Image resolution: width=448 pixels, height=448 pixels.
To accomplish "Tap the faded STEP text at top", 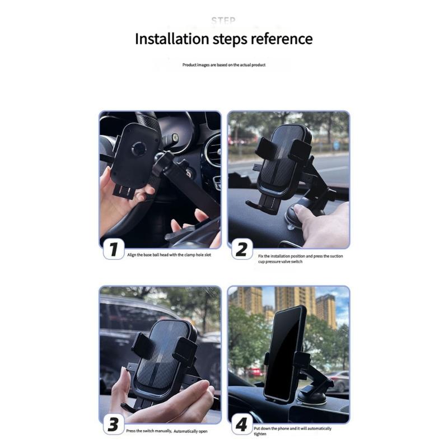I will (223, 21).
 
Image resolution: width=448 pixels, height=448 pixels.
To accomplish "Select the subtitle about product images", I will (223, 65).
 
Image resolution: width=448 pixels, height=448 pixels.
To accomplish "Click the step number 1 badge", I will (114, 249).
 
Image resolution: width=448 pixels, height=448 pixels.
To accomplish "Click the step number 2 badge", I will (241, 249).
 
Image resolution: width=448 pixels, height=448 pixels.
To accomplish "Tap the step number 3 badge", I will (114, 424).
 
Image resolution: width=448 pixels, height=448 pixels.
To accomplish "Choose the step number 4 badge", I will (241, 424).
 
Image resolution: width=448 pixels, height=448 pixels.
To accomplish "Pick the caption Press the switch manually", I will (166, 431).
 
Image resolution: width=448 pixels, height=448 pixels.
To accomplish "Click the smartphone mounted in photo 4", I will (284, 353).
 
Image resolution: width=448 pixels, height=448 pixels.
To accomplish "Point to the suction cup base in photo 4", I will (310, 395).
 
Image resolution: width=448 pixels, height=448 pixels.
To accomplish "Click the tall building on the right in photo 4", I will (326, 311).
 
